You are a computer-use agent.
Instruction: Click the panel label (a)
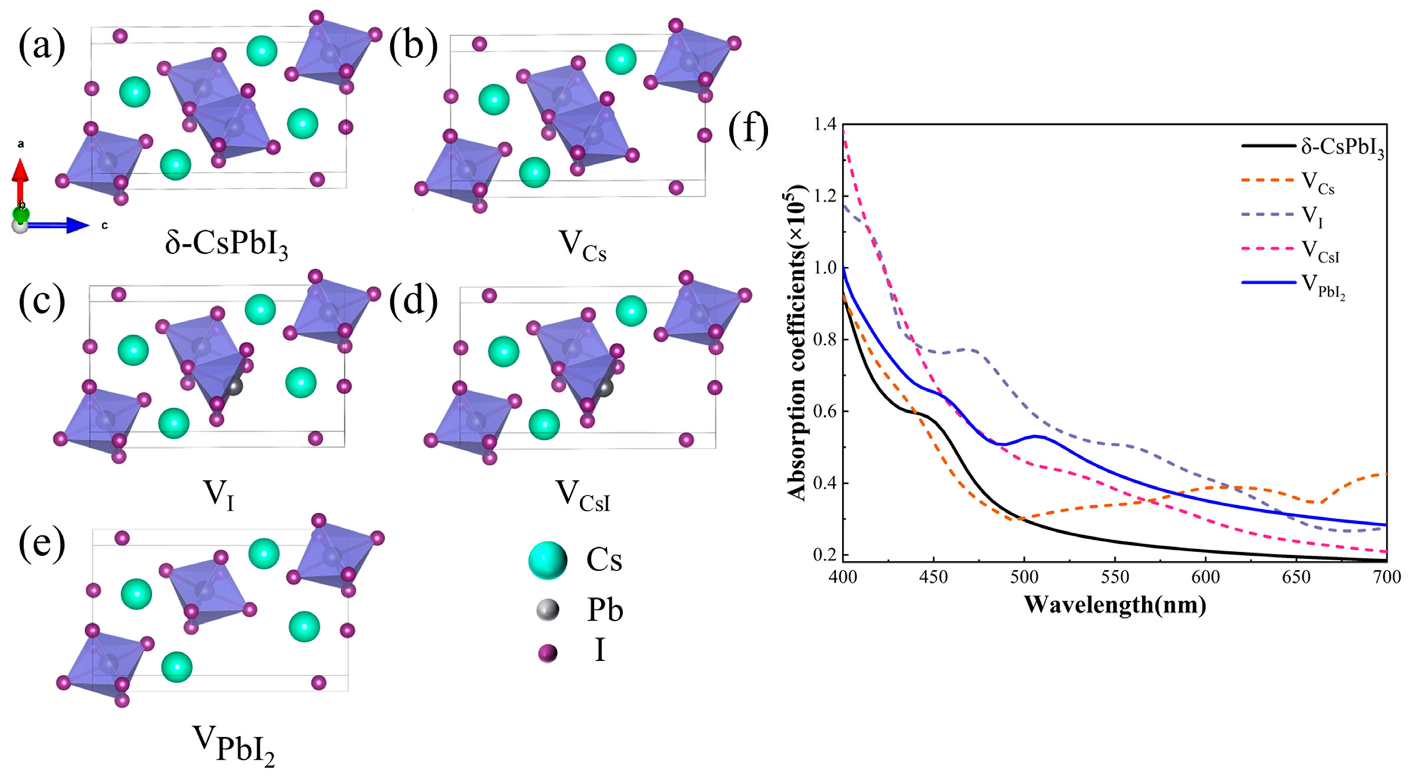click(x=42, y=46)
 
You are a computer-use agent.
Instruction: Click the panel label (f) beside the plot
click(x=748, y=130)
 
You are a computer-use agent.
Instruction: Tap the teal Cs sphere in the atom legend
click(x=547, y=560)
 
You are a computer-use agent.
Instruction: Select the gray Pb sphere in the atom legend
click(x=547, y=610)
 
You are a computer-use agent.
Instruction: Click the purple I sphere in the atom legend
click(x=547, y=653)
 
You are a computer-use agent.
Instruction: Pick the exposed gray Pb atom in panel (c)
click(x=234, y=386)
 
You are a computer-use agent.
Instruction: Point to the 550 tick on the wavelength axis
click(x=1114, y=577)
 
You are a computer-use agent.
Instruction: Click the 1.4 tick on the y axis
click(x=825, y=125)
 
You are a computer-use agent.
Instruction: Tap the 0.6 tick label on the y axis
click(x=825, y=411)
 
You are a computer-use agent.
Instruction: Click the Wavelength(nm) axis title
click(x=1114, y=604)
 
